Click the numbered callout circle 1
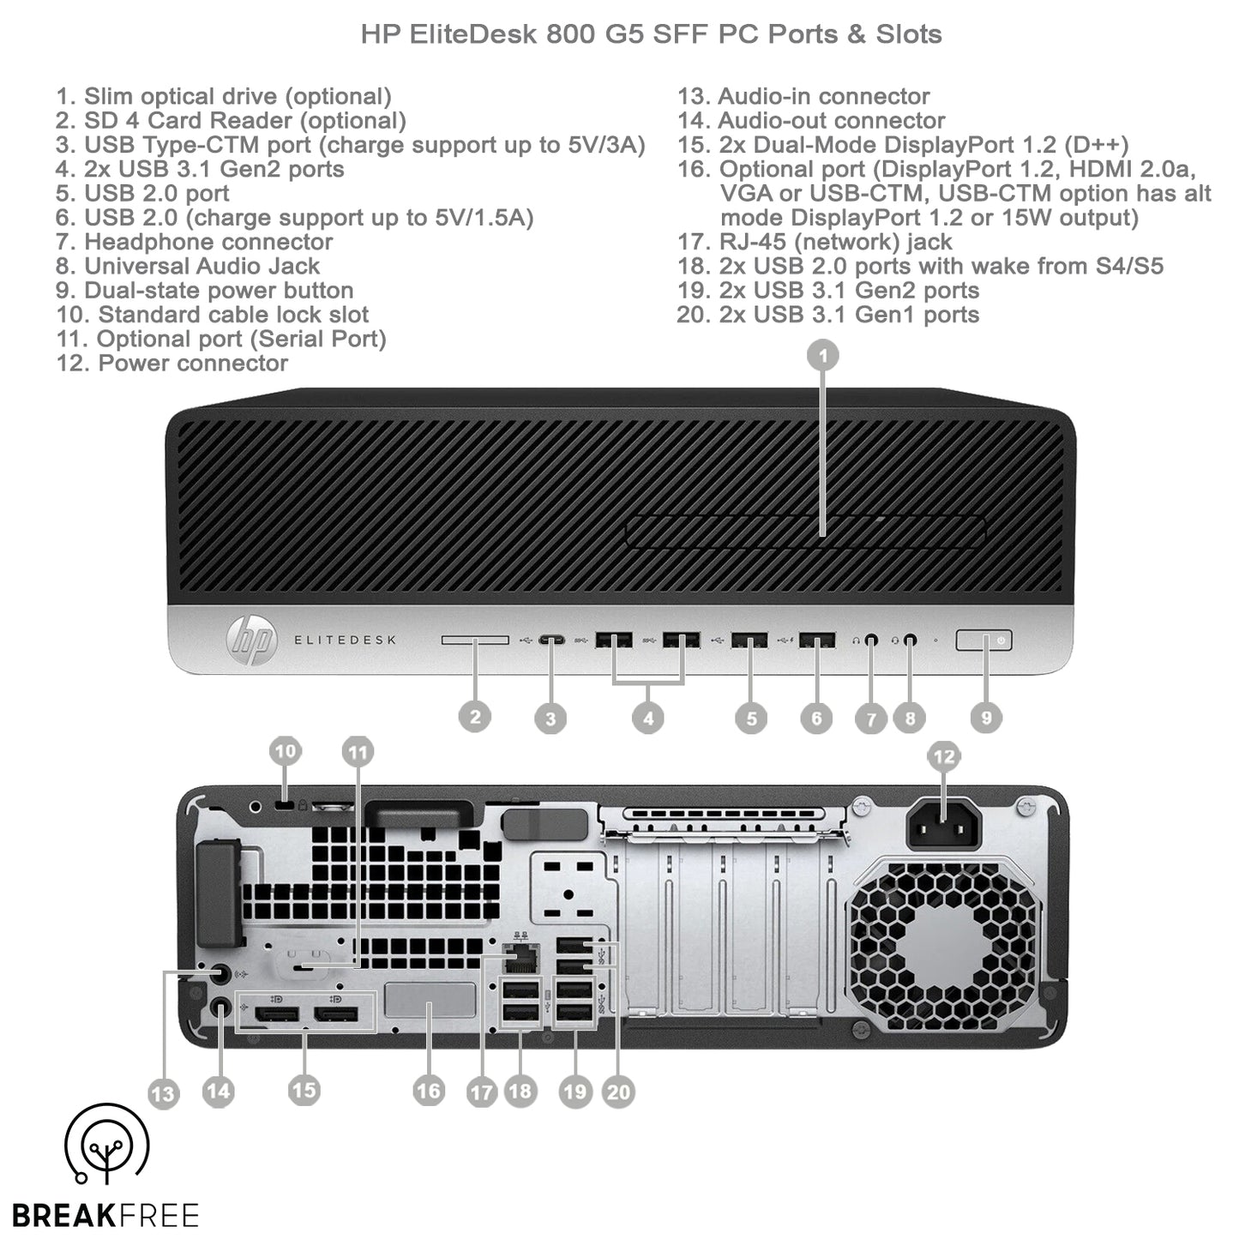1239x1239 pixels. [823, 355]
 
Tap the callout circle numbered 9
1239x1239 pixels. [986, 718]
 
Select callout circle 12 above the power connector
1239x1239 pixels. [943, 756]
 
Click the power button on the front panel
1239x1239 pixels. [983, 641]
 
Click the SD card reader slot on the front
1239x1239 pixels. [475, 641]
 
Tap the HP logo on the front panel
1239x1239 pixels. [251, 641]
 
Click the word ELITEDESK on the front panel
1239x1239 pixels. [346, 641]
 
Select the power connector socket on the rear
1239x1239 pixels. [942, 825]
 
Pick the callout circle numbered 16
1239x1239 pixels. [428, 1091]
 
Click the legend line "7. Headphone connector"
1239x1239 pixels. [195, 243]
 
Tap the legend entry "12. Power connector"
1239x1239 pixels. [172, 364]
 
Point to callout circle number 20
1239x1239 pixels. [618, 1092]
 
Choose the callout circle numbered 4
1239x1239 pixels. [648, 719]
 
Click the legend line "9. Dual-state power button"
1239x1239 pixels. [205, 291]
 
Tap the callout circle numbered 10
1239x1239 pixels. [285, 752]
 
